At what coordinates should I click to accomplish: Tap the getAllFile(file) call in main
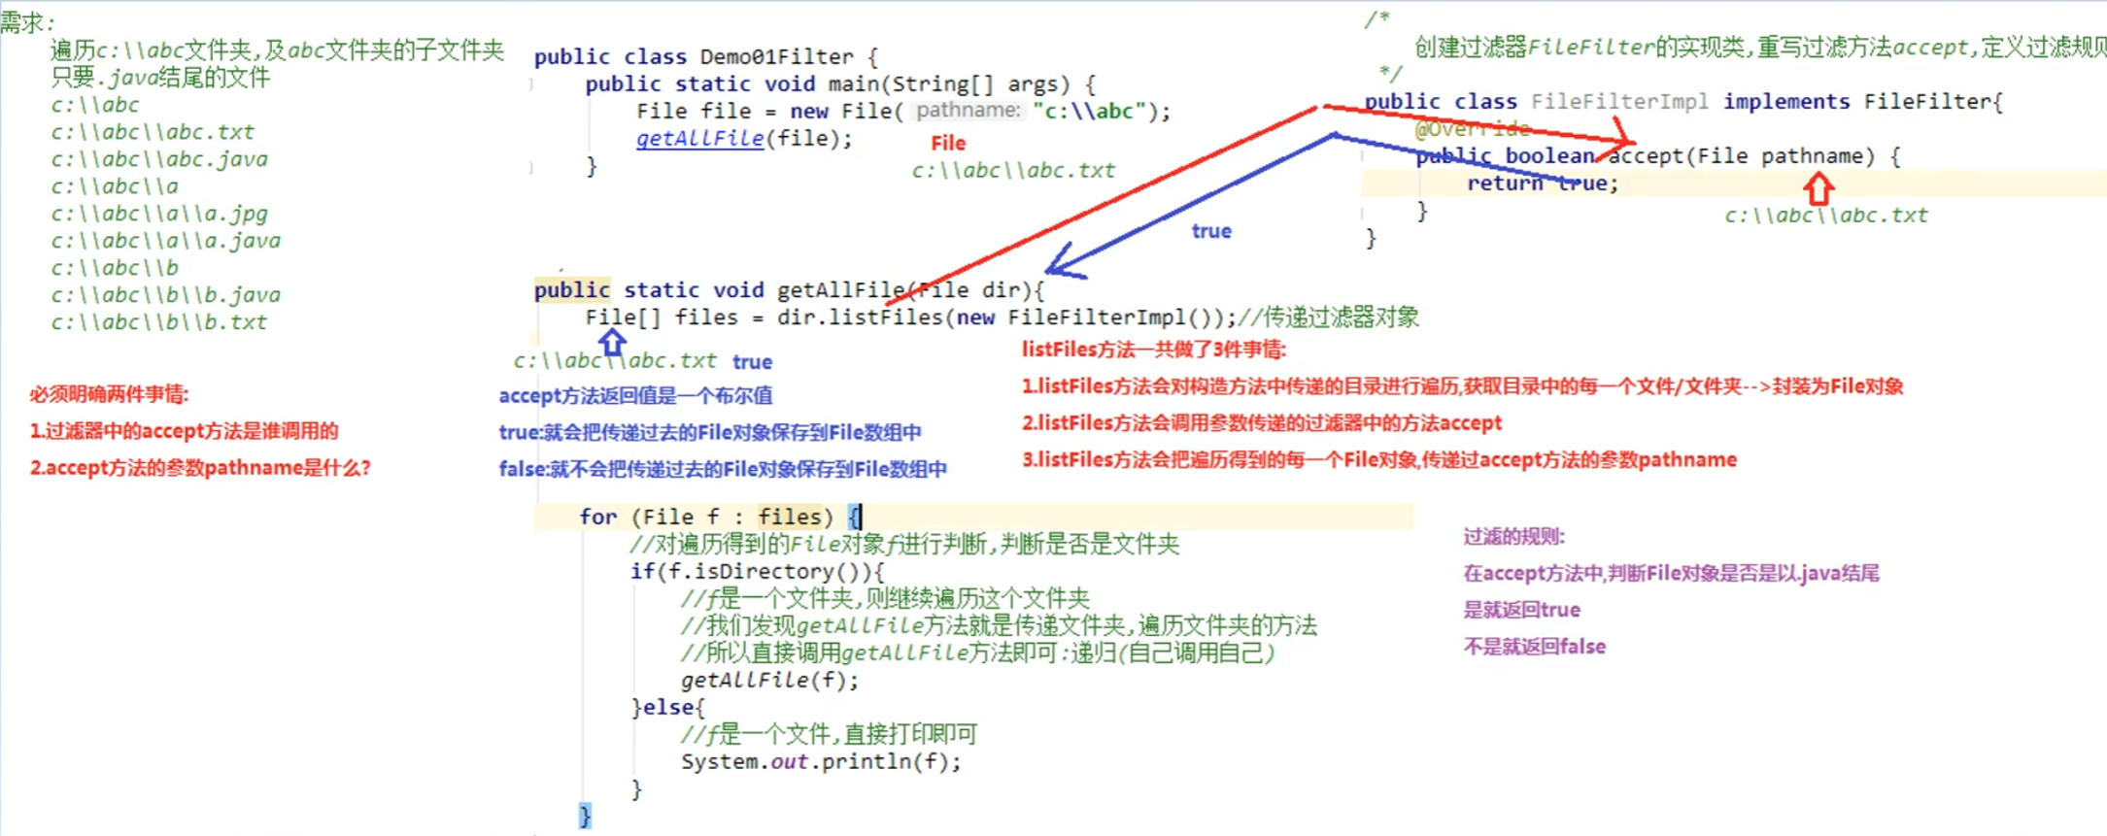coord(743,138)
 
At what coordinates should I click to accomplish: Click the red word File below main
coord(948,143)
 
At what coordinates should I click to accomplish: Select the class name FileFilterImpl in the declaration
coord(1618,101)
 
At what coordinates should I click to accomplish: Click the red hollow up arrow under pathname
coord(1819,187)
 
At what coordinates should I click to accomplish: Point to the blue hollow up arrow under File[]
coord(612,342)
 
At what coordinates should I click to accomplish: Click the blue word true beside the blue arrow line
coord(1211,231)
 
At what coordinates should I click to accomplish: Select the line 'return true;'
coord(1542,183)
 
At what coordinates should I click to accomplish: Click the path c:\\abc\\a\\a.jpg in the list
coord(159,213)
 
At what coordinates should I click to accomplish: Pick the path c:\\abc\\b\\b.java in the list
coord(165,294)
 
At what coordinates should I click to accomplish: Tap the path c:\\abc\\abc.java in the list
coord(159,158)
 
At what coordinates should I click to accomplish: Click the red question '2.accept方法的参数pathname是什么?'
coord(200,467)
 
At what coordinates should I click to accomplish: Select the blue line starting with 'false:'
coord(722,469)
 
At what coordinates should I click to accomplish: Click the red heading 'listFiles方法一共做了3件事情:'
coord(1153,350)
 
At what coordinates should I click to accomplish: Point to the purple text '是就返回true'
coord(1521,610)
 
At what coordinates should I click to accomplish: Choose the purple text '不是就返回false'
coord(1534,647)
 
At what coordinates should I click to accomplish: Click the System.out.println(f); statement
coord(820,761)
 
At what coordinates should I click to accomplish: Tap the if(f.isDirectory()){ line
coord(757,571)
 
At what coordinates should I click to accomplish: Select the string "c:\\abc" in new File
coord(1090,111)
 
